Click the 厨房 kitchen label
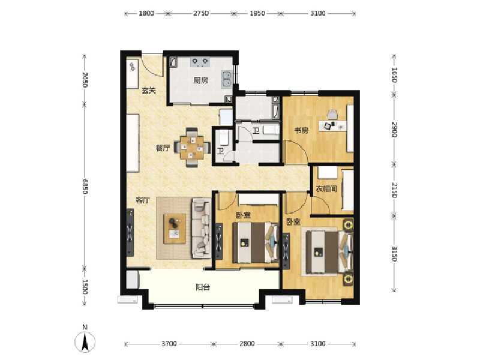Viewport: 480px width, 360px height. click(x=200, y=80)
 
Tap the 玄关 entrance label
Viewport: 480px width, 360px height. click(x=149, y=92)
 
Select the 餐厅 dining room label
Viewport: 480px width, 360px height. click(x=163, y=148)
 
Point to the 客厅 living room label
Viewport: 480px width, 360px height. click(x=142, y=200)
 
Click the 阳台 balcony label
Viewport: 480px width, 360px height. click(x=202, y=287)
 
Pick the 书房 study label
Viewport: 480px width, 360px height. click(x=301, y=129)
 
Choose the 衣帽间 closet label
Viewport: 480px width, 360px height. click(x=326, y=189)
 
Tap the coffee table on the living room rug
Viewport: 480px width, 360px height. click(x=175, y=229)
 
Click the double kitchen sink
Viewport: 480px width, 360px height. click(x=227, y=77)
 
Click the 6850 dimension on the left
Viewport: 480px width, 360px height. click(x=85, y=188)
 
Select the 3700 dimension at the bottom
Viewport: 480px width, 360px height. click(x=169, y=344)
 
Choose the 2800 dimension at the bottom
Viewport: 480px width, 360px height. click(x=247, y=344)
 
